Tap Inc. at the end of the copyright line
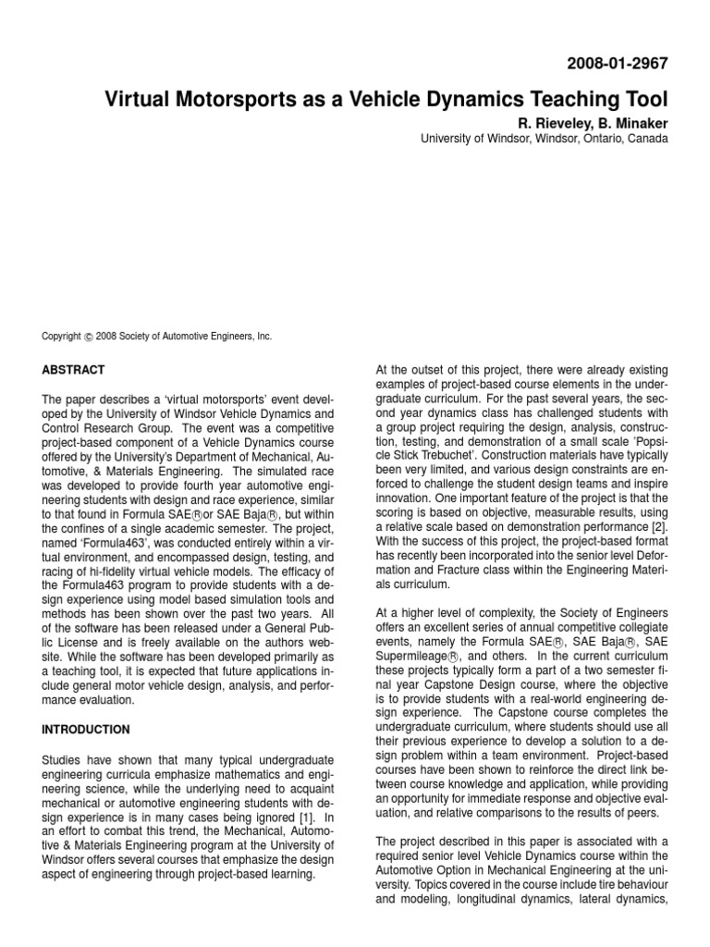coord(263,338)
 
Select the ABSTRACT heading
coord(75,369)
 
